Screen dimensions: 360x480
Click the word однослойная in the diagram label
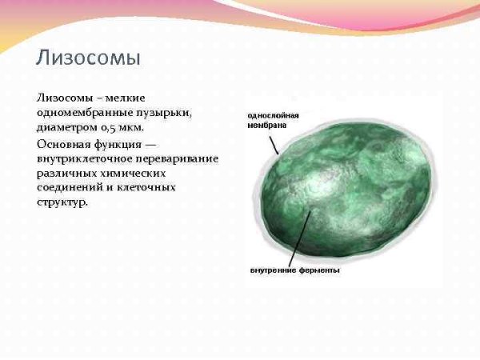272,115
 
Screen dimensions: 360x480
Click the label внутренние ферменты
294,270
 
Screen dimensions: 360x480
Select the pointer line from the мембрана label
274,142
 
